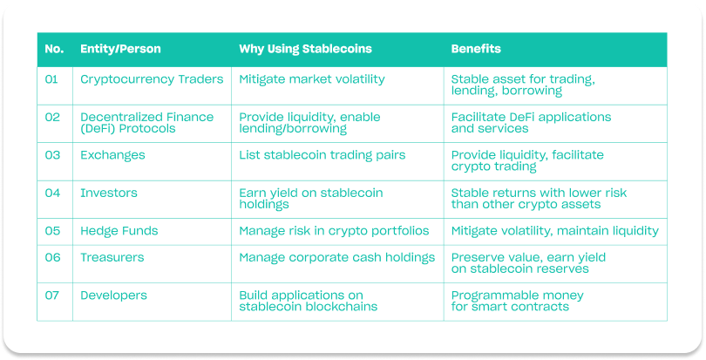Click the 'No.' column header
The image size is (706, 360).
point(54,49)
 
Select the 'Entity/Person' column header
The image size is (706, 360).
point(120,49)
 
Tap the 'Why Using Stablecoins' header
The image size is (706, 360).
point(305,49)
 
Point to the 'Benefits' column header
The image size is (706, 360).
point(476,49)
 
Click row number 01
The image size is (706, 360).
point(51,79)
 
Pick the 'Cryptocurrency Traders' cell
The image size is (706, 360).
point(152,79)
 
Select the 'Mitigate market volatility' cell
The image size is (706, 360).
point(312,79)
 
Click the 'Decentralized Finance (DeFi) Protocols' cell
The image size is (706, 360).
point(146,123)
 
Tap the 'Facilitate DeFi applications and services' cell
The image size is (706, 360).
point(532,123)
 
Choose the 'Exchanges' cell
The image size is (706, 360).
point(112,155)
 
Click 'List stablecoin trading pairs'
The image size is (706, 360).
point(322,155)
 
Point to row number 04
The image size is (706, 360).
point(52,193)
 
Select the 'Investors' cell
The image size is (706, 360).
point(108,193)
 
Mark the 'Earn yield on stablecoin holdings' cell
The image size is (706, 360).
point(311,198)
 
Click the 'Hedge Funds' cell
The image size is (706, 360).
point(119,231)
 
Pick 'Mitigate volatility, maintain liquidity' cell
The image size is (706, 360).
point(554,231)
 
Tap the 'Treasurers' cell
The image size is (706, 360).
point(112,257)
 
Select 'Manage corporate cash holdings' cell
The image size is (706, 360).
point(336,258)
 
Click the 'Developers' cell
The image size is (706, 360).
point(113,295)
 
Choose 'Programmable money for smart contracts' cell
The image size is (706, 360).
point(518,301)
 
